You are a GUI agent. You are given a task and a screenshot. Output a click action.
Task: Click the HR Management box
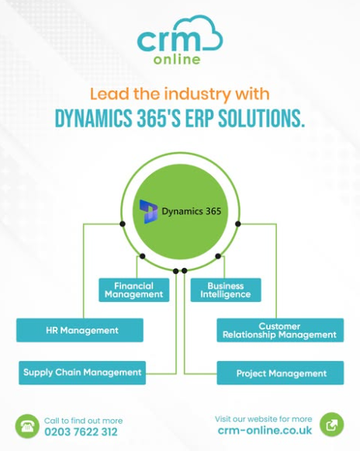[80, 330]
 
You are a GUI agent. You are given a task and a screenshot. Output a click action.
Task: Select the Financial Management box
[134, 290]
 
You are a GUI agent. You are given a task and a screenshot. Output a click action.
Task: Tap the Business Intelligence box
[226, 290]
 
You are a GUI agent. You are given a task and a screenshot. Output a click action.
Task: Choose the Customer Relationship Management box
[280, 330]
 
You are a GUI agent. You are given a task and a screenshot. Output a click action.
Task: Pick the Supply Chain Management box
[82, 373]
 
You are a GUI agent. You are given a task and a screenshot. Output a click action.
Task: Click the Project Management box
[280, 373]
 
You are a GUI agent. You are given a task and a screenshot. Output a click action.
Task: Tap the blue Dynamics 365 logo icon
[149, 212]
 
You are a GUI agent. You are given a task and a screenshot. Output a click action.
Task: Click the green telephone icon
[27, 426]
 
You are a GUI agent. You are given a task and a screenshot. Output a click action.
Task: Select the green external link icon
[332, 425]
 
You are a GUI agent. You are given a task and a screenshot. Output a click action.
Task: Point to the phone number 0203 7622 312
[81, 432]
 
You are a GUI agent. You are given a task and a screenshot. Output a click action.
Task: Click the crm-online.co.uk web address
[265, 430]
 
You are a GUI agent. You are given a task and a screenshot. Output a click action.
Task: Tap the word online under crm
[177, 59]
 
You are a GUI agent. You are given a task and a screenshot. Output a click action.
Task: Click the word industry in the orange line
[197, 95]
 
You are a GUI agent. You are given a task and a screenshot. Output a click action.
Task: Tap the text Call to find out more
[83, 421]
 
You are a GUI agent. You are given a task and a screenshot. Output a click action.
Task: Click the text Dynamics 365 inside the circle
[192, 211]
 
